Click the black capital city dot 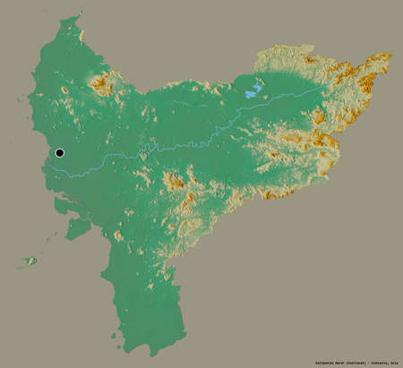tap(59, 153)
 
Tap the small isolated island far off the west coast tap(30, 261)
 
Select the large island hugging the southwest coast tap(78, 227)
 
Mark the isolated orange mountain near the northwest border tap(101, 86)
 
